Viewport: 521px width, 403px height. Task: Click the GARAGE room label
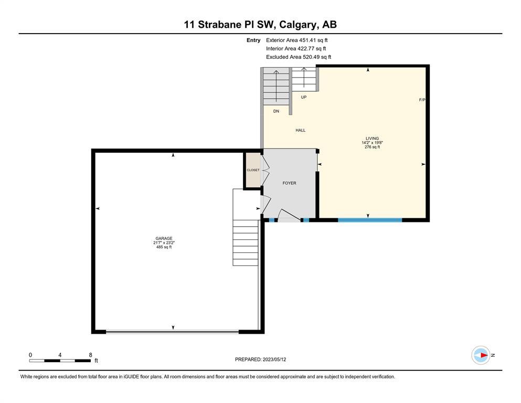[164, 238]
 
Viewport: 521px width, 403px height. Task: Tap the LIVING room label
[372, 138]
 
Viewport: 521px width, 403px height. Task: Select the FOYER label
[290, 183]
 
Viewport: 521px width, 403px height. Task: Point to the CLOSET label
[253, 170]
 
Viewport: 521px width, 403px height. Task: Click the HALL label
[300, 130]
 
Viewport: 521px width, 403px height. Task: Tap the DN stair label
[276, 111]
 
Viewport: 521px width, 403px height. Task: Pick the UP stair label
[304, 98]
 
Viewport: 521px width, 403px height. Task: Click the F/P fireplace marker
[422, 100]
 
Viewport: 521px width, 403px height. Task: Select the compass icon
[481, 355]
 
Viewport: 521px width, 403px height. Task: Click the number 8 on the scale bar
[90, 355]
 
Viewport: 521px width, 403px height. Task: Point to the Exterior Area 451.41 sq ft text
[297, 40]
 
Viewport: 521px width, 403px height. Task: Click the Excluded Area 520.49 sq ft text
[299, 57]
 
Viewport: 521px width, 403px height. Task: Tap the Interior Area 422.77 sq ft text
[296, 48]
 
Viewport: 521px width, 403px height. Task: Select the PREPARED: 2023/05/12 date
[260, 359]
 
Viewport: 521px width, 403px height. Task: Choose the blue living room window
[370, 220]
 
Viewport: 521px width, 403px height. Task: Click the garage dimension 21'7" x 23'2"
[164, 242]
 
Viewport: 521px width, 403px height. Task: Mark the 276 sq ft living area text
[372, 147]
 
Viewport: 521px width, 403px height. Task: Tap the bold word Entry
[253, 40]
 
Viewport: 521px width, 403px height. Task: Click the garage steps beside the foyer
[246, 242]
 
